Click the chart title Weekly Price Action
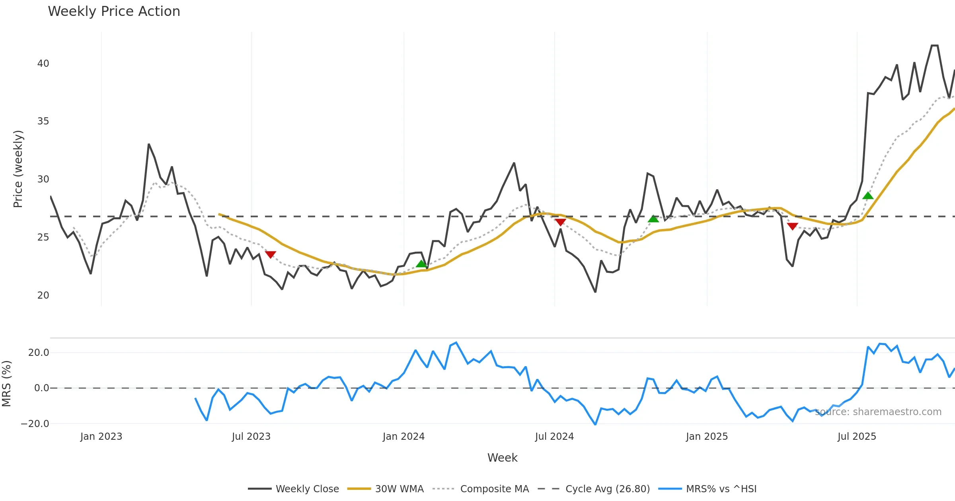[114, 12]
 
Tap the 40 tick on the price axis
[43, 64]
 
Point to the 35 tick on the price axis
[43, 121]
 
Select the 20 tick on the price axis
[43, 295]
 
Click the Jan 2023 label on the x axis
[101, 437]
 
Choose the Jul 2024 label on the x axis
[554, 437]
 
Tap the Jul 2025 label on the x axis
[857, 437]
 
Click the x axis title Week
[502, 458]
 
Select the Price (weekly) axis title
[18, 169]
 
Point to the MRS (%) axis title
[7, 384]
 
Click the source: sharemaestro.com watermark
[878, 412]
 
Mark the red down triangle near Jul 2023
[271, 254]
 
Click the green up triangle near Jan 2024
[421, 264]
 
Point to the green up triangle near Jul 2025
[868, 196]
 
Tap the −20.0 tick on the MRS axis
[35, 424]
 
